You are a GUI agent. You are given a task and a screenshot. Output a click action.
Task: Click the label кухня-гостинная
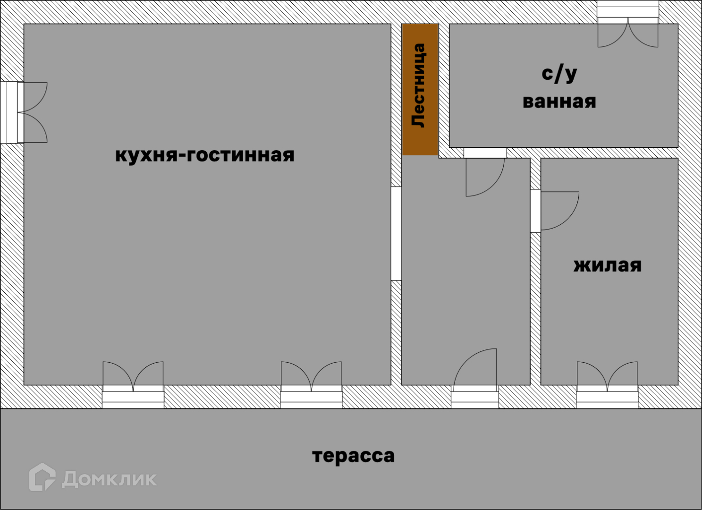[x=204, y=155]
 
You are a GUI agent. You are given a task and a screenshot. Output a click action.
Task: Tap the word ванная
[x=559, y=102]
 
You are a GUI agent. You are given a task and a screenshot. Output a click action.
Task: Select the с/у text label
[x=559, y=74]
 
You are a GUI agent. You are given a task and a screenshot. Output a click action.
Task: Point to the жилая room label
[x=607, y=265]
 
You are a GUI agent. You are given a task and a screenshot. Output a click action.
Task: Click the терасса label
[x=353, y=456]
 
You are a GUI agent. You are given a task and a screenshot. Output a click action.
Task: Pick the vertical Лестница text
[x=419, y=85]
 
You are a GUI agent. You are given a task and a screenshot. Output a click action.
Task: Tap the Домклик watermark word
[x=109, y=479]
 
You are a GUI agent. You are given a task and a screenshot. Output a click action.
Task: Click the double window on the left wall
[x=12, y=112]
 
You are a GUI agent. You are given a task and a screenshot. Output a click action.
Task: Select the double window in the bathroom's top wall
[x=628, y=11]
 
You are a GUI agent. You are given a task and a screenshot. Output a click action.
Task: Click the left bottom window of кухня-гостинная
[x=133, y=397]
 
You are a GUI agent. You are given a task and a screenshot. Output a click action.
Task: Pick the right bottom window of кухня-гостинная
[x=311, y=397]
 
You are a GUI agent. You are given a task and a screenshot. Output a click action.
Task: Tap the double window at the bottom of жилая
[x=607, y=397]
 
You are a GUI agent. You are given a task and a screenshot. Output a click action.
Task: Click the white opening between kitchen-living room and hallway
[x=396, y=234]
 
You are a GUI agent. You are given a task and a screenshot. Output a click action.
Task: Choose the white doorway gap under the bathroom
[x=485, y=153]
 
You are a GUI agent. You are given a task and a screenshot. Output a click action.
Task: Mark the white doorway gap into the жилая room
[x=535, y=211]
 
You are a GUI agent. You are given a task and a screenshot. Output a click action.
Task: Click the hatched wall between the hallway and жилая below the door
[x=535, y=307]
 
